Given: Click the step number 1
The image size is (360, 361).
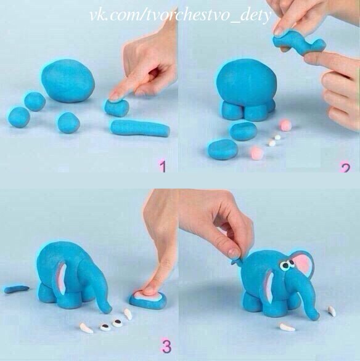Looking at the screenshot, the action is [163, 166].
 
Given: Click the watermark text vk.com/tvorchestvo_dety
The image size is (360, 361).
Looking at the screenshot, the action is [181, 16].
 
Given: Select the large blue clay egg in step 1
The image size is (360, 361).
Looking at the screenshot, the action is [68, 81].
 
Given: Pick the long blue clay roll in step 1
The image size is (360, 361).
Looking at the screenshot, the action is [140, 129].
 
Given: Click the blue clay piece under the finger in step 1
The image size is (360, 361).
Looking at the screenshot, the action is [117, 108].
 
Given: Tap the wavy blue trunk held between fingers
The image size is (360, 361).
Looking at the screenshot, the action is [299, 44].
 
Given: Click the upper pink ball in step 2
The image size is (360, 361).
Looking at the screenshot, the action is [285, 124].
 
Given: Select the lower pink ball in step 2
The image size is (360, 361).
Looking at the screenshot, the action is [257, 152].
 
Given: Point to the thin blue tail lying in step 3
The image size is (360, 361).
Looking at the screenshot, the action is [16, 289].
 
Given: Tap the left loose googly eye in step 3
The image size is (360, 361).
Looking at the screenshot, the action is [106, 327].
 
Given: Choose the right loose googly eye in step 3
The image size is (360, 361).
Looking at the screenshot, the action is [117, 323].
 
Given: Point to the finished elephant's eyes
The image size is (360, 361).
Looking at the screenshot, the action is [288, 264].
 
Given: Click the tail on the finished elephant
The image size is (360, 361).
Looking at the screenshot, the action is [237, 261].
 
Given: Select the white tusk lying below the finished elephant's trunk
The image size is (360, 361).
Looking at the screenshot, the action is [287, 327].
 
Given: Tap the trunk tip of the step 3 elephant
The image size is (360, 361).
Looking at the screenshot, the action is [108, 309].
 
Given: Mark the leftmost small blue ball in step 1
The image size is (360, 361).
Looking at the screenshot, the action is [19, 117].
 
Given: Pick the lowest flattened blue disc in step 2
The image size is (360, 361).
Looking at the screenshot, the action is [223, 148].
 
